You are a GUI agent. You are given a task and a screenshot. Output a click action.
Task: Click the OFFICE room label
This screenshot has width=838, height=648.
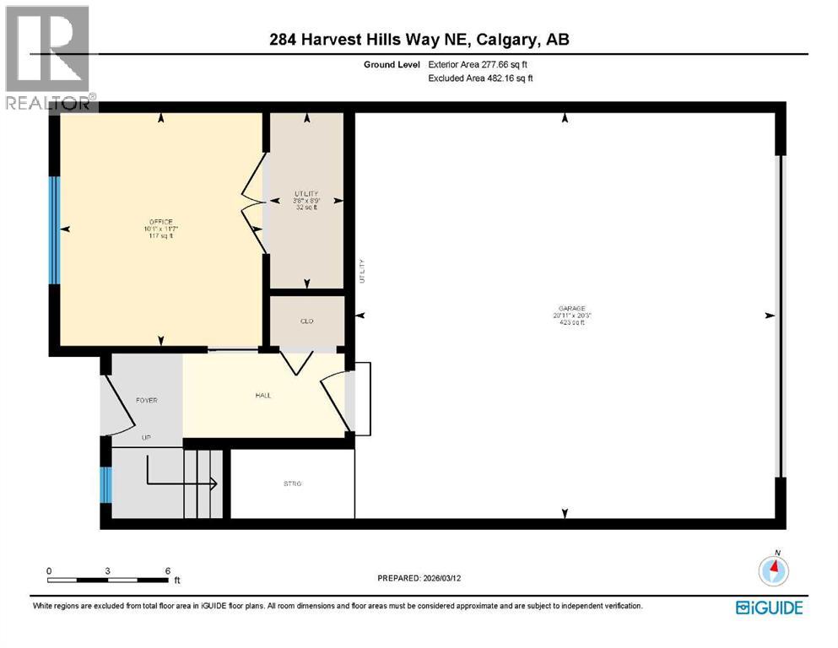pos(159,222)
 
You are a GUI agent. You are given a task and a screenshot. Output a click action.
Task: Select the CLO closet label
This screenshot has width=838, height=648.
pos(306,321)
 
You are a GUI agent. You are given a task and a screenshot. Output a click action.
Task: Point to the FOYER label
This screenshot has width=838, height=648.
pos(147,400)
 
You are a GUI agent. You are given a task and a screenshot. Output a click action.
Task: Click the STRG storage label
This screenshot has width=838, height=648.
pos(292,483)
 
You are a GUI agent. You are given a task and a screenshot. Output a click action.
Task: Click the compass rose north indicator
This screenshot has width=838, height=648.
pos(773,570)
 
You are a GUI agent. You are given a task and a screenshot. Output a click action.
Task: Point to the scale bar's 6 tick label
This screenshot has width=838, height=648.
pos(167,570)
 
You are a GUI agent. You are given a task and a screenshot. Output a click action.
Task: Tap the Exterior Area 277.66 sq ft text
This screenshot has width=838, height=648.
pos(483,64)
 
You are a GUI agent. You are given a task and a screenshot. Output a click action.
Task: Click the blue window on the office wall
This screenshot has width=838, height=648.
pos(54,229)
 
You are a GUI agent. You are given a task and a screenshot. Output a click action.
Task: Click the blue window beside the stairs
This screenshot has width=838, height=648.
pos(105,485)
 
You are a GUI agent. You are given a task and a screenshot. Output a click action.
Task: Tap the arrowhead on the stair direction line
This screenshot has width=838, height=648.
pos(214,483)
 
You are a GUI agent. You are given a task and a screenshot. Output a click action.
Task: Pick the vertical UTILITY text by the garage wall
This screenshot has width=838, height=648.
pos(362,270)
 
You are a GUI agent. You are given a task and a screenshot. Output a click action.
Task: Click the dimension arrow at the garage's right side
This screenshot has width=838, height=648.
pos(769,316)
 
